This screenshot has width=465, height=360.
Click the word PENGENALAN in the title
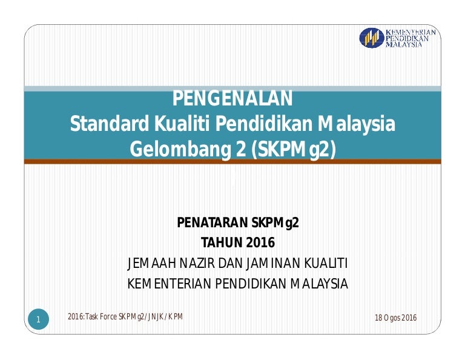232,98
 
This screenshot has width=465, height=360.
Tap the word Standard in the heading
109,124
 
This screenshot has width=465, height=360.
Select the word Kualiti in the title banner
182,124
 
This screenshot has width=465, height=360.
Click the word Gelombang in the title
180,149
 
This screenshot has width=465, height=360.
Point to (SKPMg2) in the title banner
293,149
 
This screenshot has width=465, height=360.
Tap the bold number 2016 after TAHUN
260,242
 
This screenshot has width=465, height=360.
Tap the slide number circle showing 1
38,319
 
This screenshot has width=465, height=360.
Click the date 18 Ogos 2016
395,318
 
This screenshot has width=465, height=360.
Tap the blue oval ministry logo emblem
372,38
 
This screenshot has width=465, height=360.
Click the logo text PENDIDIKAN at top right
407,39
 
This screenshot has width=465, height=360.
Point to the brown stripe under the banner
232,161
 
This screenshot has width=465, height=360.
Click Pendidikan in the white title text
264,124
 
